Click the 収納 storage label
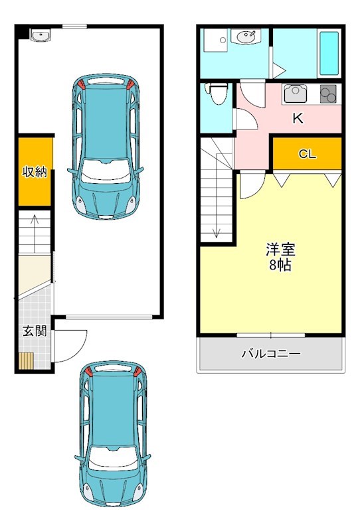tap(35, 173)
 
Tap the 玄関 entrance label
tap(34, 331)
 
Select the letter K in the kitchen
tap(298, 119)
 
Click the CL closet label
tap(307, 155)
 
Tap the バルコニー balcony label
tap(270, 354)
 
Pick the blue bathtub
tap(329, 53)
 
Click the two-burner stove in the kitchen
tap(329, 94)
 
